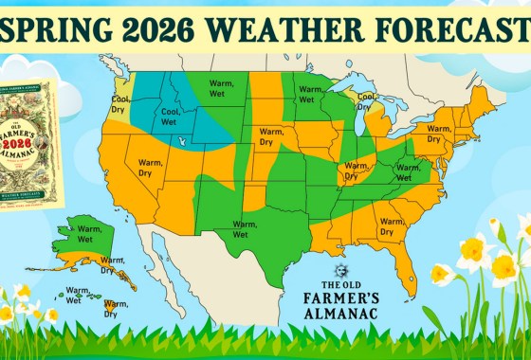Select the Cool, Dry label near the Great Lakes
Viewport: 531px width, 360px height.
tap(366, 101)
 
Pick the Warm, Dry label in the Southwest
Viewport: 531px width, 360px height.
tap(152, 168)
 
